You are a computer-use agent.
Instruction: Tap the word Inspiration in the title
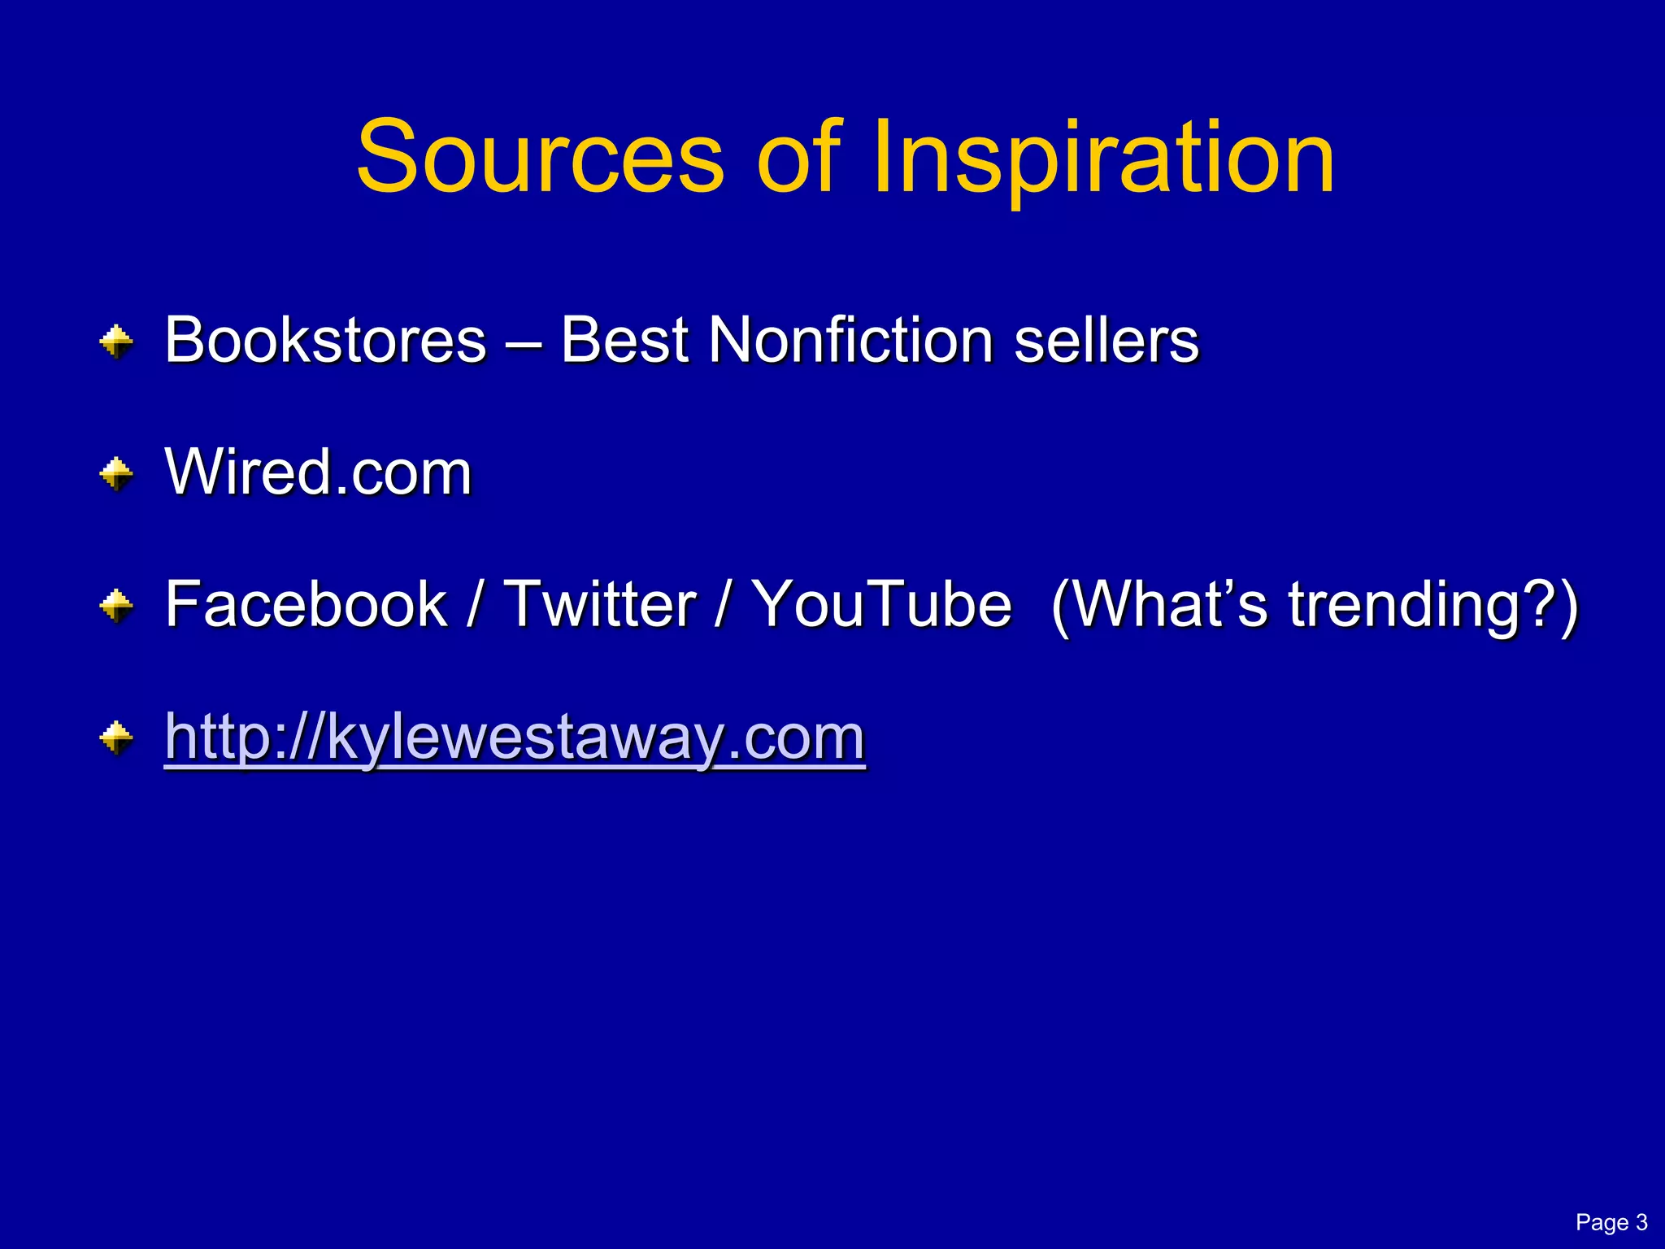[x=1103, y=159]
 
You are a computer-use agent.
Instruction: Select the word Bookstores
[x=325, y=340]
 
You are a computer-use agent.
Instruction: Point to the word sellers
[x=1106, y=340]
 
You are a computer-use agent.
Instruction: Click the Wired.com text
[x=318, y=472]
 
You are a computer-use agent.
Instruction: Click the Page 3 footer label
[x=1611, y=1222]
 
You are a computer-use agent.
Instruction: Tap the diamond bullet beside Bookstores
[x=117, y=342]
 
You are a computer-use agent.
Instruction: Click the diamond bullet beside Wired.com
[x=117, y=474]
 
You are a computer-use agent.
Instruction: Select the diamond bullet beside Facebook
[x=117, y=606]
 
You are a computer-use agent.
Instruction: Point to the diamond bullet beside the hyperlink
[x=117, y=738]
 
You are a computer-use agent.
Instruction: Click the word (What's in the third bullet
[x=1159, y=606]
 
